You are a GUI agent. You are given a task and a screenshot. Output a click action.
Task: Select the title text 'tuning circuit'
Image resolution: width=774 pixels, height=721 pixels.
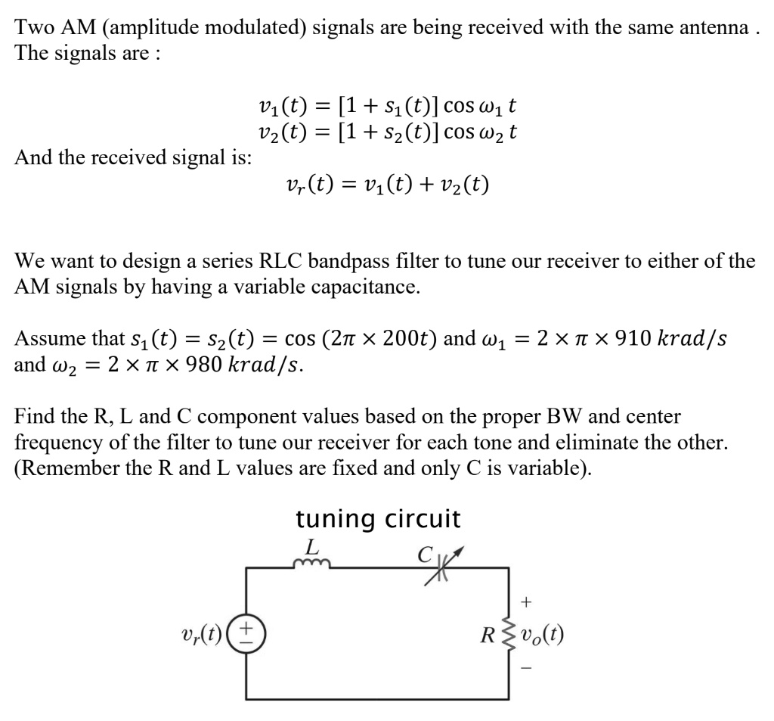377,519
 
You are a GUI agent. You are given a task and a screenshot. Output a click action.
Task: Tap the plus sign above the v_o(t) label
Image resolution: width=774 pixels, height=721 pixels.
528,601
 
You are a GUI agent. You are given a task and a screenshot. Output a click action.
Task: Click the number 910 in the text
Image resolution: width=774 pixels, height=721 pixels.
605,337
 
